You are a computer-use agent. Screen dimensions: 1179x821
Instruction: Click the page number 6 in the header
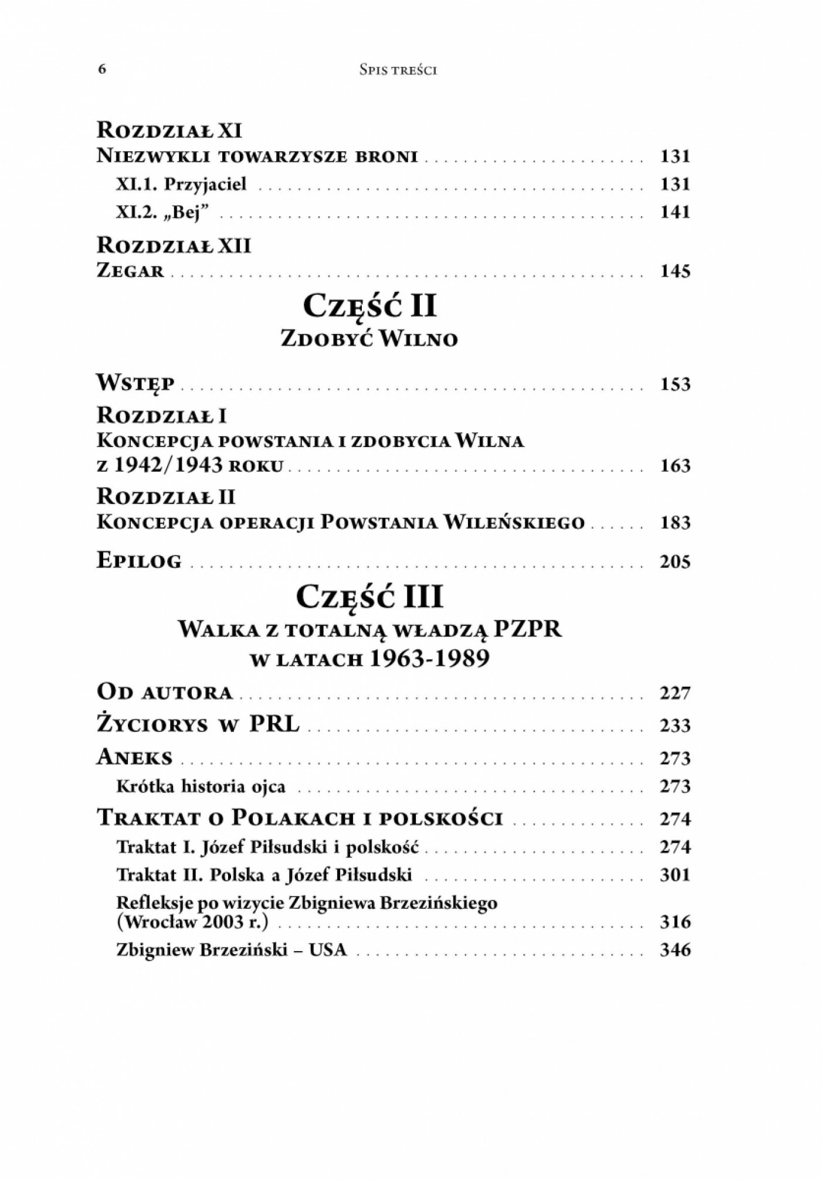point(102,69)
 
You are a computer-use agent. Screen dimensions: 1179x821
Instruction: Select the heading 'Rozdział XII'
point(174,245)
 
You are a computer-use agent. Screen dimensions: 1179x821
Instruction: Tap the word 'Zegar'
point(131,271)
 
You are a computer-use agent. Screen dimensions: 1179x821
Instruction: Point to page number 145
point(675,271)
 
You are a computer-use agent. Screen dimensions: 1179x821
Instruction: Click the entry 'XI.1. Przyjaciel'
point(182,184)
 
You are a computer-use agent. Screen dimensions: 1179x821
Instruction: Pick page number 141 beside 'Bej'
point(675,212)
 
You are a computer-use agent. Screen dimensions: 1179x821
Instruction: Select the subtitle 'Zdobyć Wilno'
point(369,339)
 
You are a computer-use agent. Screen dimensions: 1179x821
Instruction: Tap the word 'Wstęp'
point(135,384)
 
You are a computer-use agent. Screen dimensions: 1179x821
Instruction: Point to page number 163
point(675,466)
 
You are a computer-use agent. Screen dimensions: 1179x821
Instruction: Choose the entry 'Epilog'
point(139,561)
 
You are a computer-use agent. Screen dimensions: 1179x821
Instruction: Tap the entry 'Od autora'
point(165,693)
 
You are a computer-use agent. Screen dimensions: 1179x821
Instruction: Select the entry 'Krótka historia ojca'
point(201,786)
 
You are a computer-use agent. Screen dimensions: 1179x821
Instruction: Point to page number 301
point(675,875)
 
